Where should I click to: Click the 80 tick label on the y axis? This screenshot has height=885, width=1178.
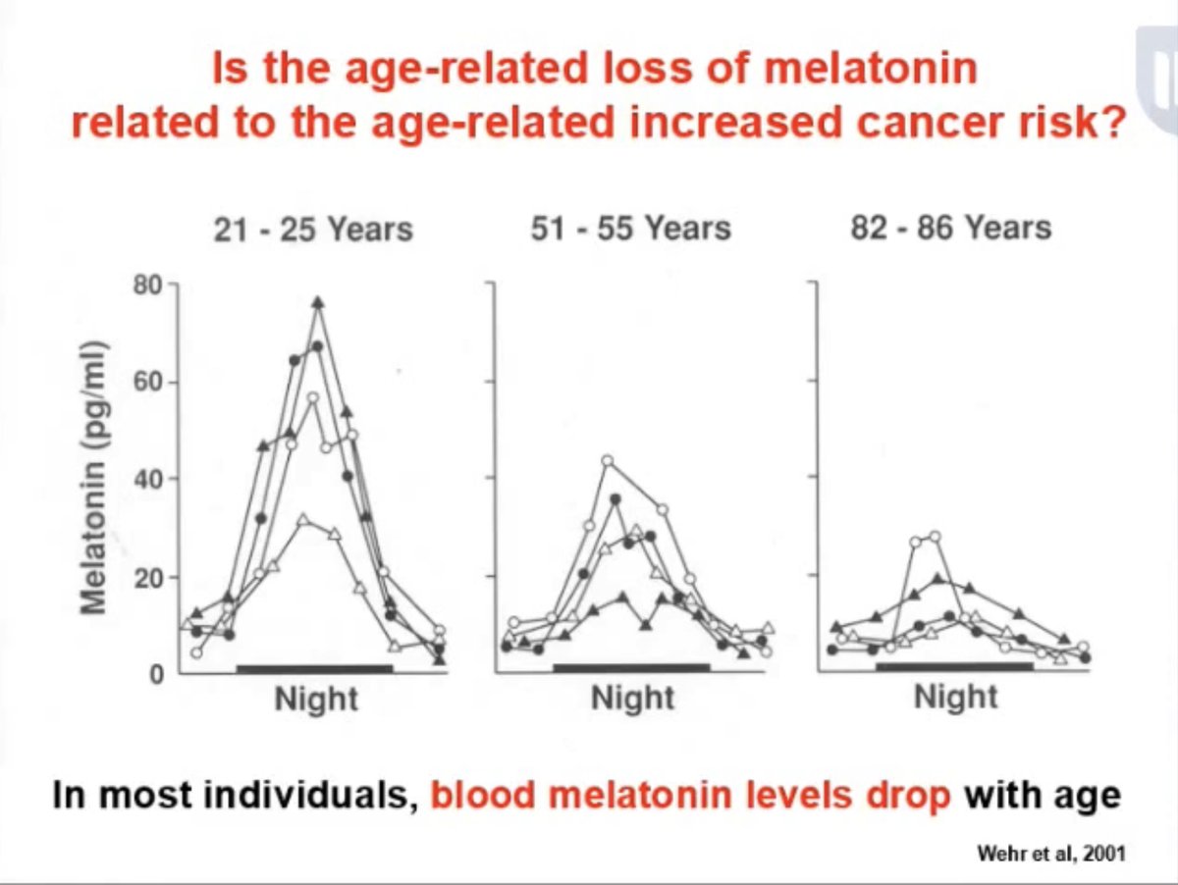pos(147,286)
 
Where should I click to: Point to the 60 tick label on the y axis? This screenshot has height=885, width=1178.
pos(147,383)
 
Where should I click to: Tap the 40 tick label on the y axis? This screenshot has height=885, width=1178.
pos(147,480)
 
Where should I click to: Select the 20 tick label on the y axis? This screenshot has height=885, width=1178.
pos(147,577)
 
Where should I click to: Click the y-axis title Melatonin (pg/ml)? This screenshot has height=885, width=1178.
pos(95,479)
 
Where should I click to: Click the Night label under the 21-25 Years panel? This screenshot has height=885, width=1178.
pos(316,700)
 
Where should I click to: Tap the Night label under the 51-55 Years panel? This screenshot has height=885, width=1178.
pos(632,699)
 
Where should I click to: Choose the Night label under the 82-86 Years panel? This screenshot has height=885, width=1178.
pos(955,698)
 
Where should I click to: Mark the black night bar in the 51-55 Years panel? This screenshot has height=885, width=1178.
pos(631,667)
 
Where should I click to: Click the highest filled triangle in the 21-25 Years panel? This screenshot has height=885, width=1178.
pos(317,302)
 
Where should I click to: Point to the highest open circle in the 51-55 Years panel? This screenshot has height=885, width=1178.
pos(608,460)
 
